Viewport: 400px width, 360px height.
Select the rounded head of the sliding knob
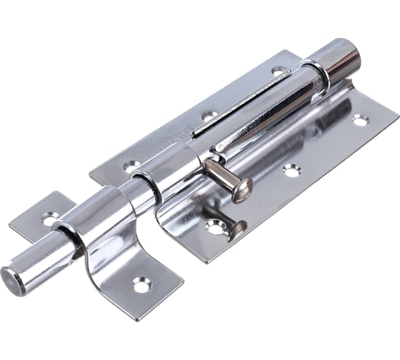[x=243, y=190]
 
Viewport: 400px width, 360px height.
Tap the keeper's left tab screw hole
[x=49, y=218]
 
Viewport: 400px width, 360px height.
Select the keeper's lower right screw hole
[x=141, y=284]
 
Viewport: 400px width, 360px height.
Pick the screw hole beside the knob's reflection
[x=214, y=227]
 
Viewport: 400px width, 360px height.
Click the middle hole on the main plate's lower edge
[x=291, y=170]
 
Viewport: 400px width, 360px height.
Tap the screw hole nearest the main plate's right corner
[x=360, y=120]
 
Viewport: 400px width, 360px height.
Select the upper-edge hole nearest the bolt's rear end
[x=278, y=71]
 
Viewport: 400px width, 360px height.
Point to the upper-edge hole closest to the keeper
[x=132, y=166]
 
